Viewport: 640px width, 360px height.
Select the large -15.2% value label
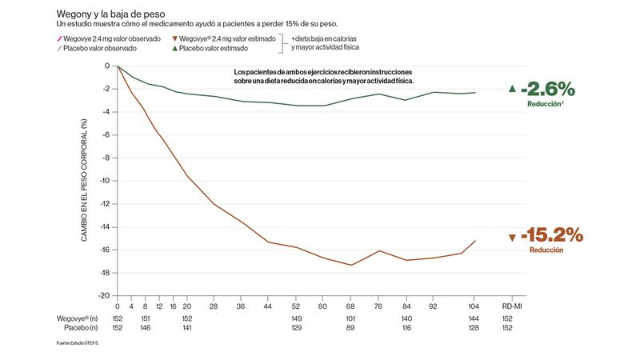coord(552,235)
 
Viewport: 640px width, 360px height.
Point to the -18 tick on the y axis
coord(104,273)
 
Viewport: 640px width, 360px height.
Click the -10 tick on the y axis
coord(104,181)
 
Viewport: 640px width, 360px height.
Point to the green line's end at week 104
coord(476,93)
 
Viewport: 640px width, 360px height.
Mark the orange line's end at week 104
coord(476,241)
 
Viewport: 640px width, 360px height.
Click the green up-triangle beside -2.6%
coord(512,88)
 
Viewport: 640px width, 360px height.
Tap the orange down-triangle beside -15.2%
coord(512,237)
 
